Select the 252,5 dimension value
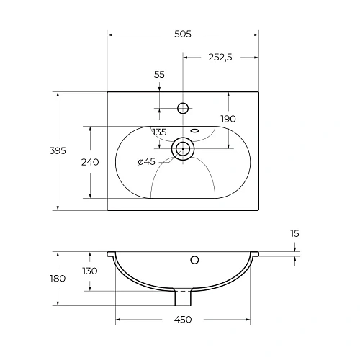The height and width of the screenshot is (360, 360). coord(220,58)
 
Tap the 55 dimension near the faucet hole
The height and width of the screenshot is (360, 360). coord(159,75)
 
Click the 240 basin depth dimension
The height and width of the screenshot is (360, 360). coord(90,162)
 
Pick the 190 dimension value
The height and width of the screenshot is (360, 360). coord(228,119)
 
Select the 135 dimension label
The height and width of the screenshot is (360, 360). coord(159,132)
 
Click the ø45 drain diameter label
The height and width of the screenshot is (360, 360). coord(146,162)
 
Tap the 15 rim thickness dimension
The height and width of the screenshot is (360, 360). coord(295,233)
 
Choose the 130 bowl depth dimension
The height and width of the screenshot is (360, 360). coord(90,271)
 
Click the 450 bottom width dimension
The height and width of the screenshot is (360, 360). coord(183,320)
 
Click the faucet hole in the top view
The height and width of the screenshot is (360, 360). coord(183,109)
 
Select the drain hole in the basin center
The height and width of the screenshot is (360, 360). coord(183,149)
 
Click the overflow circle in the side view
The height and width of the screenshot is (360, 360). coord(194,259)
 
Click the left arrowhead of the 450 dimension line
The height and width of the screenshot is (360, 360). coord(118,320)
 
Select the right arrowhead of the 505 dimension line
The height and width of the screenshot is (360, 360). coord(256,35)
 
